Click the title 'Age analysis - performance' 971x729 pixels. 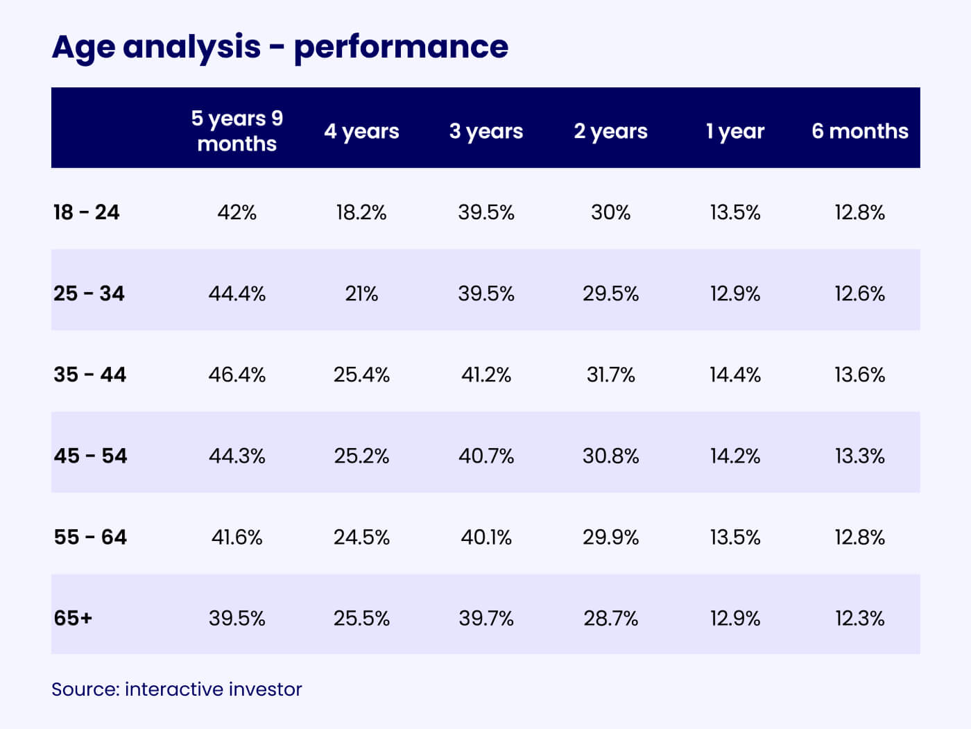click(x=280, y=47)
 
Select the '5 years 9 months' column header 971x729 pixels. click(x=237, y=130)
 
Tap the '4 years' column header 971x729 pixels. click(x=361, y=131)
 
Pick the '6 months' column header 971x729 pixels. click(x=859, y=131)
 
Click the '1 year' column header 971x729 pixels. click(x=735, y=131)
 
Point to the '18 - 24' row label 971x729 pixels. click(x=87, y=212)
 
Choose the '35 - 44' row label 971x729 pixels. click(x=90, y=375)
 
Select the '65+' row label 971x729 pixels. click(x=73, y=618)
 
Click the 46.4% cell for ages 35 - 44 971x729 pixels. click(x=237, y=375)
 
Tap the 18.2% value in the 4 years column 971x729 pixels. click(x=361, y=212)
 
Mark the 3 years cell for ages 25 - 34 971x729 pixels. click(x=486, y=293)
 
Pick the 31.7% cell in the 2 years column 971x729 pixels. click(x=610, y=375)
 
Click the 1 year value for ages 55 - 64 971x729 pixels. click(x=735, y=537)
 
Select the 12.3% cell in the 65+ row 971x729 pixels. click(x=859, y=618)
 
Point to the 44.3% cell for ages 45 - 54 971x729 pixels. click(x=237, y=456)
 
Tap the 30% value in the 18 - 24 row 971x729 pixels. click(x=610, y=212)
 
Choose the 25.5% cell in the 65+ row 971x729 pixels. click(x=361, y=618)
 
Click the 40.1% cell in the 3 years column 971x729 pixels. click(x=486, y=537)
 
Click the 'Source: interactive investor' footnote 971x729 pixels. click(x=177, y=689)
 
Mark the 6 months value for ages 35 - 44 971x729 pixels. click(x=859, y=375)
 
